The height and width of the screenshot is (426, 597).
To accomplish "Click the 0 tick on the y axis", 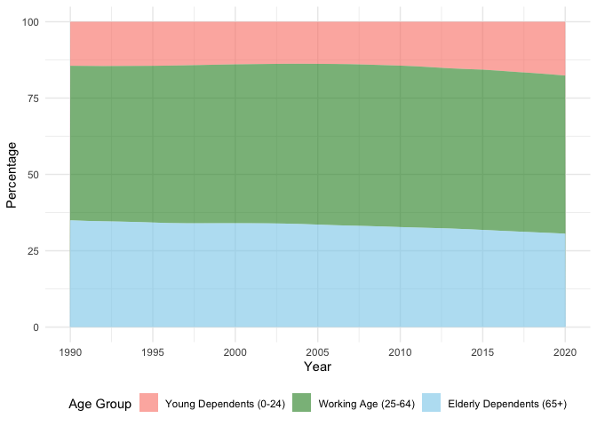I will [36, 327].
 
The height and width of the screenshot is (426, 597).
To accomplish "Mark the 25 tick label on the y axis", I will [33, 251].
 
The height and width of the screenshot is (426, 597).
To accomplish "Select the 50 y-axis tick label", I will [33, 175].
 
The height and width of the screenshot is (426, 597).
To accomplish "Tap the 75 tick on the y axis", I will [33, 98].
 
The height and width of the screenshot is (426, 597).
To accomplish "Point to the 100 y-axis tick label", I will [30, 21].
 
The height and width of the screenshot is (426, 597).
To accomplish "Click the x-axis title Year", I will [318, 367].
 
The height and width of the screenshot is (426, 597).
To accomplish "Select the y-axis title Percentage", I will [12, 175].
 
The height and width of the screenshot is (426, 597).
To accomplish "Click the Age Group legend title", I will [100, 405].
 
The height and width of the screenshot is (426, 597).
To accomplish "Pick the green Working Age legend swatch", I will [303, 405].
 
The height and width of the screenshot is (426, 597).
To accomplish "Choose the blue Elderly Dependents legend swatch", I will [432, 405].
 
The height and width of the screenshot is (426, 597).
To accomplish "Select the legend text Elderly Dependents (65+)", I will [507, 405].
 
